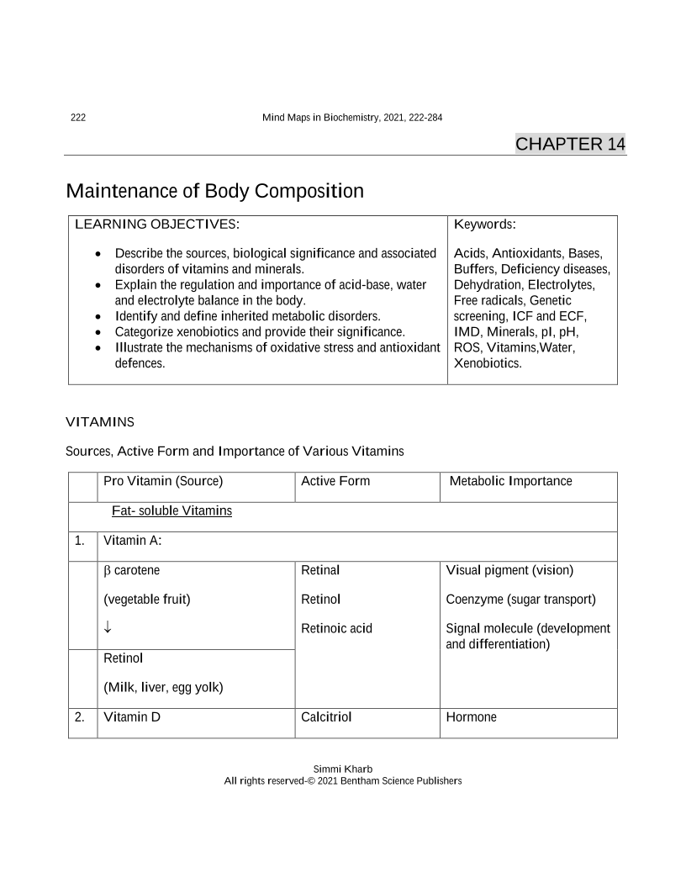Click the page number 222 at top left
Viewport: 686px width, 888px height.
pos(77,117)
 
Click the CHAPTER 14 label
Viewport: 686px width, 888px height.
pos(570,144)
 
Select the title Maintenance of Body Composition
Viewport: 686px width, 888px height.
pos(214,191)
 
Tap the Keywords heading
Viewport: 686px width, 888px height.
pos(484,225)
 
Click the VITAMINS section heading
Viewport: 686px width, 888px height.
pos(99,420)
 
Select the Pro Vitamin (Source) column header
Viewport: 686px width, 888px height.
pos(163,481)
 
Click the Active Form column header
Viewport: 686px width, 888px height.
pos(335,481)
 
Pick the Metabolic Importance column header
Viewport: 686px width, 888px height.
pos(510,481)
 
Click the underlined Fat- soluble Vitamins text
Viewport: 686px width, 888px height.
pos(171,510)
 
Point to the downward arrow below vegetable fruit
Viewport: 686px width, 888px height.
pos(108,628)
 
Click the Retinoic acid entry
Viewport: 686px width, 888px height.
pos(336,628)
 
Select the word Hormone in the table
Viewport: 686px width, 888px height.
pos(471,717)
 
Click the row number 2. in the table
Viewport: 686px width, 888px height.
pos(80,717)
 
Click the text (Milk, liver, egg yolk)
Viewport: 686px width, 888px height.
pos(163,687)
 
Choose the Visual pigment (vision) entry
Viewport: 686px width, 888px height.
pos(509,570)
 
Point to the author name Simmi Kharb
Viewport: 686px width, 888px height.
pos(343,769)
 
